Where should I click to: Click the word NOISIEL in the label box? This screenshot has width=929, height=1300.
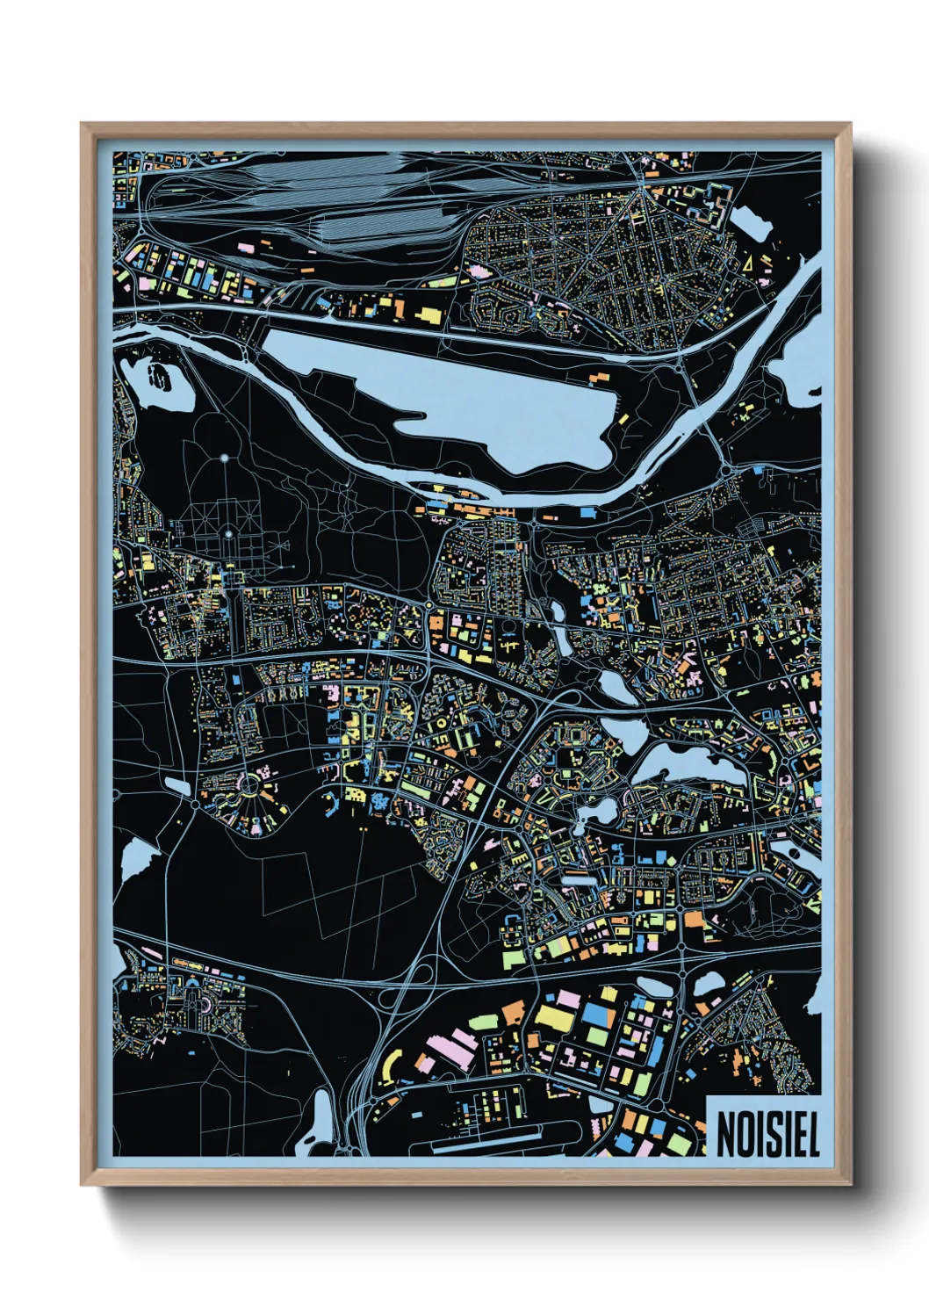(x=767, y=1135)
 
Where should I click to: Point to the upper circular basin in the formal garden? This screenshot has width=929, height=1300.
(x=224, y=458)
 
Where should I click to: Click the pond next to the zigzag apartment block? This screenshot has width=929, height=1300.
(x=748, y=220)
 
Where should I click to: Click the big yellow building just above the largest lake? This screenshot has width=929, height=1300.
(x=428, y=314)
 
